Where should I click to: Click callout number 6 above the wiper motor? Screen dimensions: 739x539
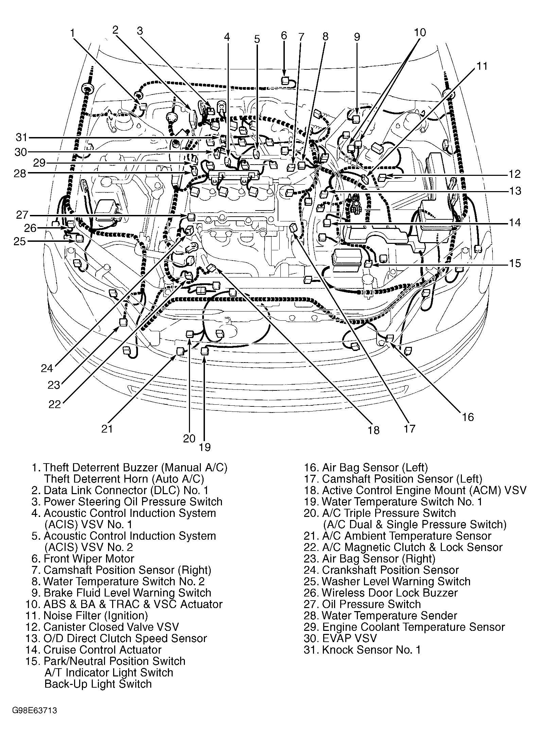coord(284,36)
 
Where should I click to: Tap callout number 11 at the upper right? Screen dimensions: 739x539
coord(482,66)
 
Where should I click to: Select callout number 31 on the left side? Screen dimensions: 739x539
coord(21,137)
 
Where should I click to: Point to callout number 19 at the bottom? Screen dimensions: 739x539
coord(205,447)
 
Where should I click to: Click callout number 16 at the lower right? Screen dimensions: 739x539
coord(468,417)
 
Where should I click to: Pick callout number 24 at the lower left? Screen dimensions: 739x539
coord(47,368)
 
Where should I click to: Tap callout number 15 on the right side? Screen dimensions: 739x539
coord(515,263)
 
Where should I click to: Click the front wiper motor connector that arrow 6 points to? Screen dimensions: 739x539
coord(285,81)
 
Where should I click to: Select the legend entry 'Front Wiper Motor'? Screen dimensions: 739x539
coord(89,558)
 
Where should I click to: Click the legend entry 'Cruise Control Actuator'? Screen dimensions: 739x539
coord(102,650)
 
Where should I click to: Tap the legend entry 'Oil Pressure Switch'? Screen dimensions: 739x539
coord(371,604)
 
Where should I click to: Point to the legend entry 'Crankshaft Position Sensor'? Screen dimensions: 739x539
coord(390,570)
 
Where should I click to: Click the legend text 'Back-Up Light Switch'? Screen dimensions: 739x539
coord(98,684)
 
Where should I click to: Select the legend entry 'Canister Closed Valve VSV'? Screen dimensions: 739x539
coord(111,627)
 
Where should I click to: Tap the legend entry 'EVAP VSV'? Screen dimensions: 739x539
coord(349,638)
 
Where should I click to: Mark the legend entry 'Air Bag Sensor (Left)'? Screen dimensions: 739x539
coord(375,468)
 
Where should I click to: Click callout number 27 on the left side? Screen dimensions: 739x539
coord(22,215)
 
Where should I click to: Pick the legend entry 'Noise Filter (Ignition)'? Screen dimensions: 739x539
coord(95,615)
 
